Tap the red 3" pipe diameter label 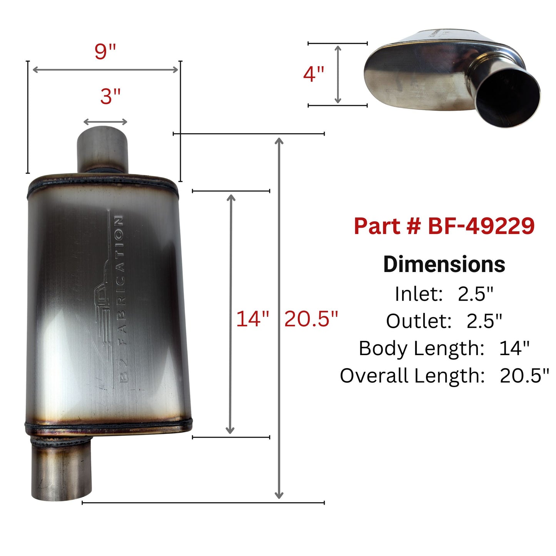click(110, 96)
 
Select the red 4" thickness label click(314, 74)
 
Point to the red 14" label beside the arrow click(252, 319)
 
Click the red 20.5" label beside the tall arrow click(311, 319)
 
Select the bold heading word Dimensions click(444, 264)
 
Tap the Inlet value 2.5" click(475, 294)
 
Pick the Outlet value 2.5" click(484, 321)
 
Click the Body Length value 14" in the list click(514, 349)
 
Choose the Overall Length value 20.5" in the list click(524, 376)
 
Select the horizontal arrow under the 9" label click(105, 70)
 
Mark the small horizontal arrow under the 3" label click(105, 122)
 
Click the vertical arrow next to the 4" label click(338, 74)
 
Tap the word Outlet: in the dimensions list click(419, 321)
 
